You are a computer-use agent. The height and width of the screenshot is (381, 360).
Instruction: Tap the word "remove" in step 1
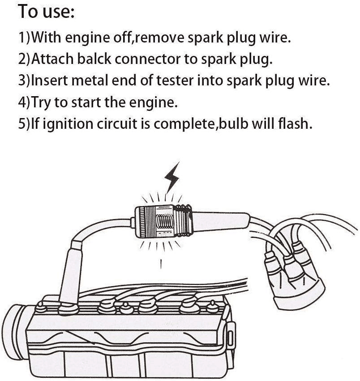(157, 38)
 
